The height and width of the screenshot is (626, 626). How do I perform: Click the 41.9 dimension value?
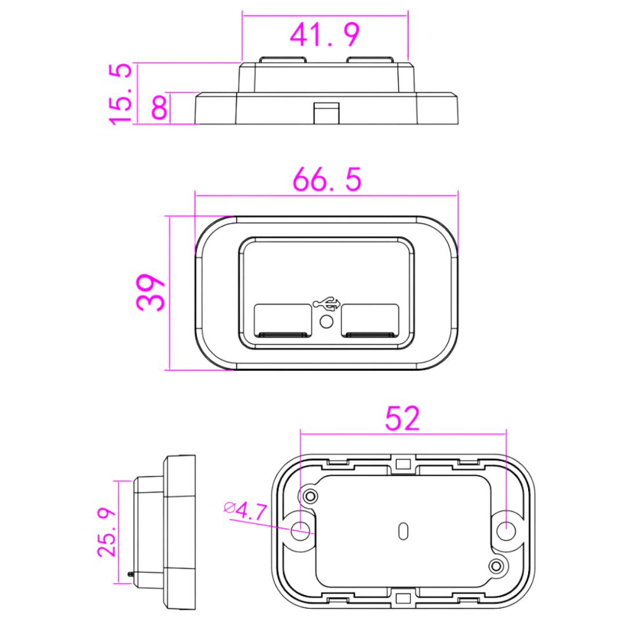(x=325, y=35)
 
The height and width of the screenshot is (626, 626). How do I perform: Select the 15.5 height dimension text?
(x=121, y=93)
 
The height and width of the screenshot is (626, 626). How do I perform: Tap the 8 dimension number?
(x=160, y=108)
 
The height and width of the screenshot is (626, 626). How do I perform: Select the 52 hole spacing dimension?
(x=403, y=418)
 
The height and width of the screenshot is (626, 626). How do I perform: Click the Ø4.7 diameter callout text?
(x=245, y=511)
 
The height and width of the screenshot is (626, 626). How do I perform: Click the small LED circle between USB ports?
(x=326, y=322)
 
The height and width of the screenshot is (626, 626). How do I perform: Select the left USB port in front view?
(x=282, y=320)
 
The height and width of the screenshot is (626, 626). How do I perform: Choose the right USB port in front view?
(x=370, y=320)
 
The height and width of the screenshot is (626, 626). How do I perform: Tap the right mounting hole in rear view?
(x=506, y=529)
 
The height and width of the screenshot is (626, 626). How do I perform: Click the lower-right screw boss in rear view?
(x=496, y=566)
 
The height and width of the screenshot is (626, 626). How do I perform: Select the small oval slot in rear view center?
(x=403, y=530)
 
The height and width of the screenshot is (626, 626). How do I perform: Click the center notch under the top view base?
(x=326, y=112)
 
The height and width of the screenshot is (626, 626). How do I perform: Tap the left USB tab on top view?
(x=283, y=60)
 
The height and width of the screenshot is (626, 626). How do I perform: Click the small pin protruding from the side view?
(x=132, y=574)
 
